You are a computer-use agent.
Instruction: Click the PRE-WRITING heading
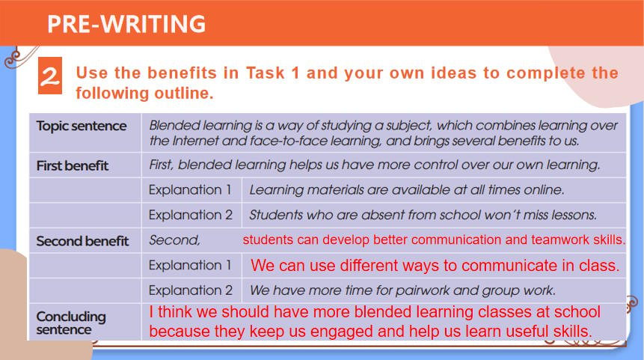click(x=126, y=24)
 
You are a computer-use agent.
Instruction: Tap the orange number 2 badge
click(x=50, y=76)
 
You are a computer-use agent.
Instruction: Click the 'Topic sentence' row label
click(x=82, y=126)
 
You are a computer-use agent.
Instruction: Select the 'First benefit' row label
click(x=73, y=165)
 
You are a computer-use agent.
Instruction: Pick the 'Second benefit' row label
click(x=82, y=241)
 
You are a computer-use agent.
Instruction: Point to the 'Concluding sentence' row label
click(x=71, y=323)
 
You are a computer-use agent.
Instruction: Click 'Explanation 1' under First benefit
click(x=190, y=190)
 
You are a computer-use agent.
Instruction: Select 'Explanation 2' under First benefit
click(x=191, y=215)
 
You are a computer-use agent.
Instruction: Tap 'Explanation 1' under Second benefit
click(x=190, y=266)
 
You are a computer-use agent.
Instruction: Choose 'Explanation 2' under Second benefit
click(x=191, y=290)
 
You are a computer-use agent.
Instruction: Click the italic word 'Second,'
click(x=174, y=240)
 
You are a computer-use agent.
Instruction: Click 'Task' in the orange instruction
click(x=266, y=73)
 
